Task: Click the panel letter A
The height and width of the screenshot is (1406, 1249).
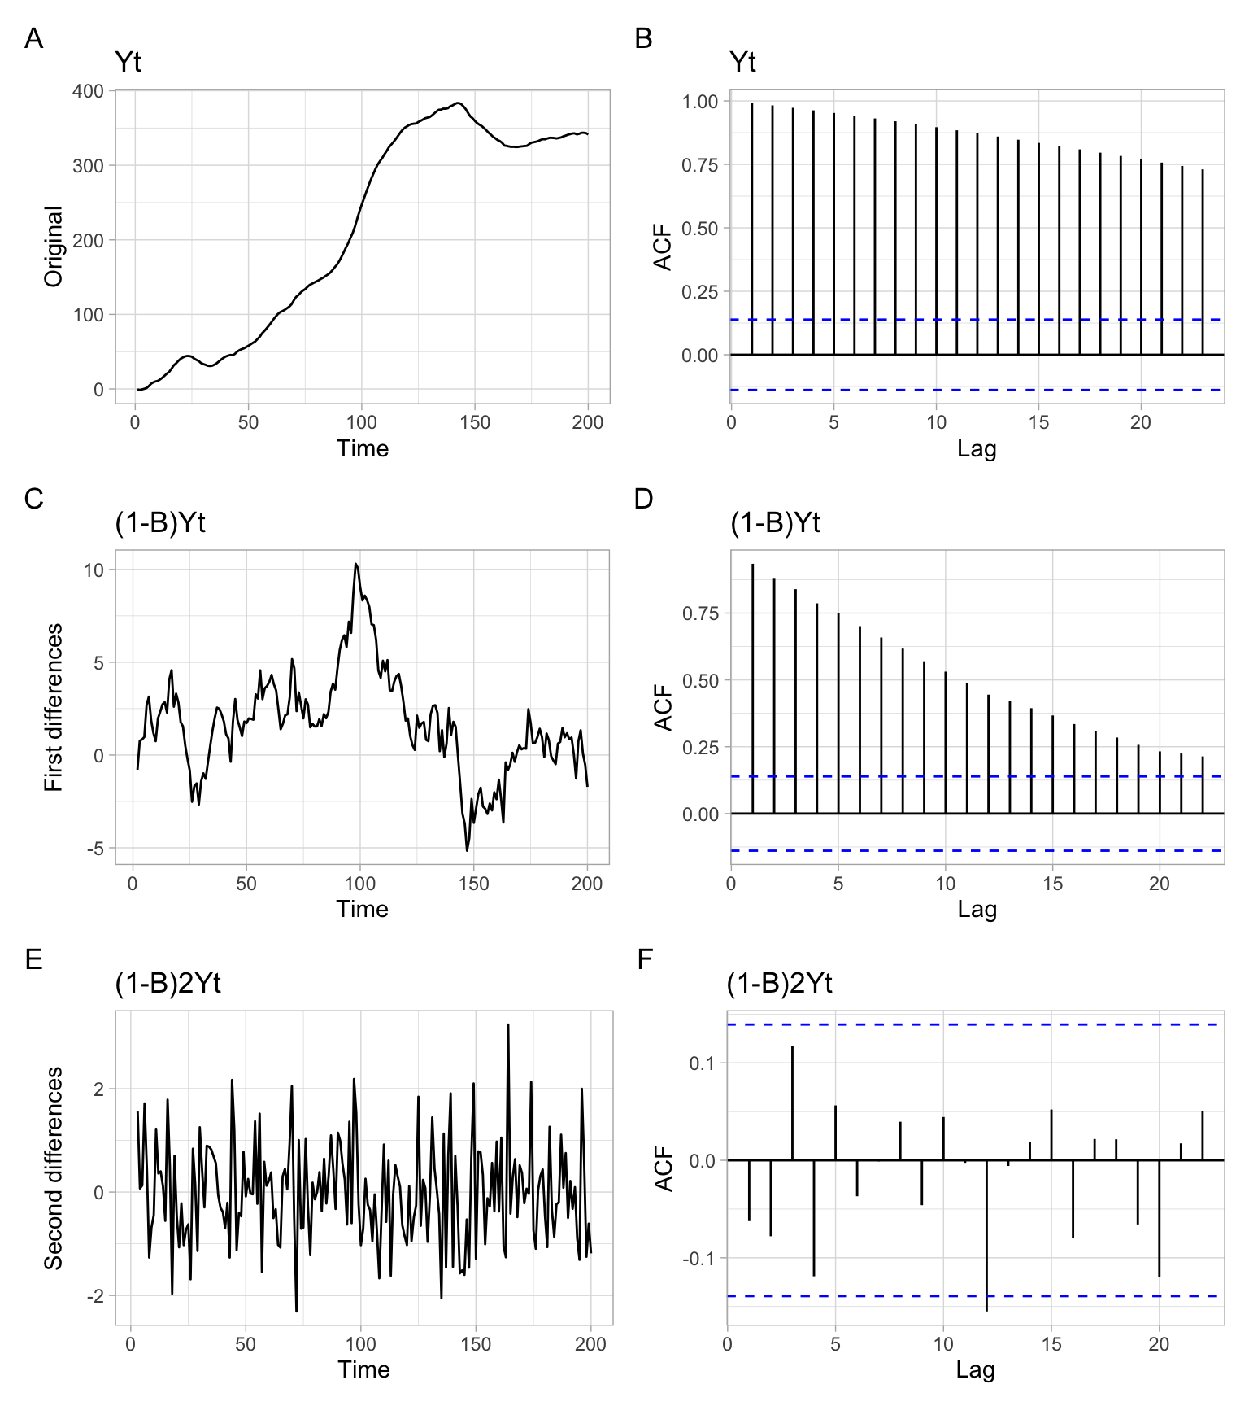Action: tap(33, 38)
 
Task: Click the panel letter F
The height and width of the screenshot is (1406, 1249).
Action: tap(645, 960)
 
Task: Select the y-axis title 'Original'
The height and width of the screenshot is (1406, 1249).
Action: tap(54, 247)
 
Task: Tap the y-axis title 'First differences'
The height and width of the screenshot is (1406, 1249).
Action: tap(54, 707)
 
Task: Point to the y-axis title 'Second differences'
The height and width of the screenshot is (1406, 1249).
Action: tap(54, 1168)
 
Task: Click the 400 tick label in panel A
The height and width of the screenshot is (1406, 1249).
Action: tap(88, 91)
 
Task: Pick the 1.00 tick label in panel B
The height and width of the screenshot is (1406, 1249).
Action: tap(700, 102)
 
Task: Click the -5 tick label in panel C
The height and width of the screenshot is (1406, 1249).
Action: tap(94, 849)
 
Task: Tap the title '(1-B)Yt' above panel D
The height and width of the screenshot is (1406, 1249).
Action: tap(775, 522)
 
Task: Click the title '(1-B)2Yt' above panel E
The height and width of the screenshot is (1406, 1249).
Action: tap(168, 984)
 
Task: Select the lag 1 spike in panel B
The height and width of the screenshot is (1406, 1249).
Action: tap(752, 229)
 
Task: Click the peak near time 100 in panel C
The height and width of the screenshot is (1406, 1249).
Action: tap(356, 564)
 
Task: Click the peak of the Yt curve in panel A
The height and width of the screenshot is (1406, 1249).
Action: tap(458, 103)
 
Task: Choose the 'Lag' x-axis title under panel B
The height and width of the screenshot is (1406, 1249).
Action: tap(977, 448)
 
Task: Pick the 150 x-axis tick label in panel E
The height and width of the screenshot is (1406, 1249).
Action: tap(476, 1343)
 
